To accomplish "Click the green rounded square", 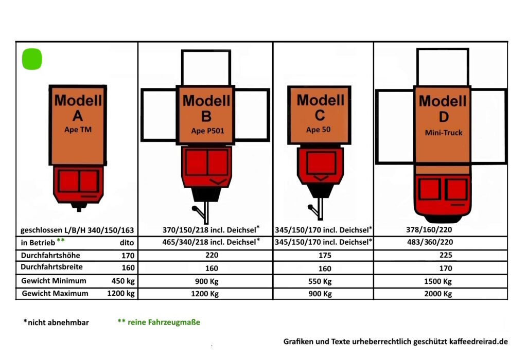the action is [32, 59].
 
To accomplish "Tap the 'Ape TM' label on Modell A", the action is [78, 130].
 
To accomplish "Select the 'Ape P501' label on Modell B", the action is [207, 131].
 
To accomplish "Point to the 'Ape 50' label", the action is [318, 130].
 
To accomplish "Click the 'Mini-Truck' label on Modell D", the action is [444, 133].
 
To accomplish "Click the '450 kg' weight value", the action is [123, 281].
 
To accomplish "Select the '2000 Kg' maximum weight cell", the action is [438, 294].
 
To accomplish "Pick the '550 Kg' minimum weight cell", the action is [320, 281].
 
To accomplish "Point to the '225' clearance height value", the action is [446, 255].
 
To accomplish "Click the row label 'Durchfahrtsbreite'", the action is [52, 267].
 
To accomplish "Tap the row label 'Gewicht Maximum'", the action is [55, 294].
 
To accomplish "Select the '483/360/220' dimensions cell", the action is [430, 242].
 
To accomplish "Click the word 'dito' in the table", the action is [127, 243].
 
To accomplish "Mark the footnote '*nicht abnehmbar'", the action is [56, 322].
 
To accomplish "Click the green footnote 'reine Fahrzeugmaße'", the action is [164, 322].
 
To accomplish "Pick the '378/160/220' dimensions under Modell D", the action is [429, 230].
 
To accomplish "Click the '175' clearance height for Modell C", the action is [325, 256].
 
